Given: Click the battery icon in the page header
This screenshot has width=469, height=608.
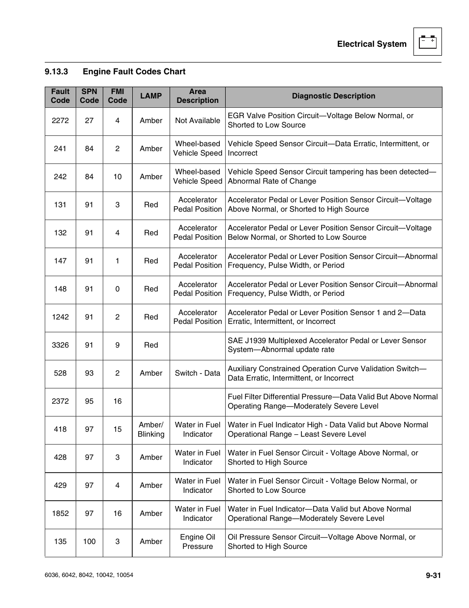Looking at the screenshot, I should [x=427, y=42].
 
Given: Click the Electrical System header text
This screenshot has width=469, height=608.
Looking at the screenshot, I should [x=372, y=44].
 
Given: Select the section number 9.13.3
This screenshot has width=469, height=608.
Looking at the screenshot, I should [x=56, y=72].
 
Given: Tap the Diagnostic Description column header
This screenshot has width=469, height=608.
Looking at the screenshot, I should [x=333, y=96].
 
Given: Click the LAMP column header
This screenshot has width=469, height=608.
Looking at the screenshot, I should [x=150, y=96].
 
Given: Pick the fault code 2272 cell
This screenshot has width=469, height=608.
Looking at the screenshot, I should [x=60, y=121].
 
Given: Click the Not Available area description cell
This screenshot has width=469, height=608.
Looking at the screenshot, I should [x=198, y=121].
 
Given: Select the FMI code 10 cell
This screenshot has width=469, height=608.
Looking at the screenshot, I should [x=117, y=177].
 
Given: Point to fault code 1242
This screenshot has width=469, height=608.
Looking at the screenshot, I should [x=60, y=317].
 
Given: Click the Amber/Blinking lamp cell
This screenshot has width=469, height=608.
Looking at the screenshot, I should [x=151, y=430].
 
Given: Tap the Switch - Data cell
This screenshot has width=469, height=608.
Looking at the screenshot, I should [x=198, y=373].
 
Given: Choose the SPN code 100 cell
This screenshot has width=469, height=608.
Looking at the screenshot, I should [x=89, y=542].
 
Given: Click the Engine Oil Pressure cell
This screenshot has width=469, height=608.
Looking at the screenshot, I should [x=198, y=542].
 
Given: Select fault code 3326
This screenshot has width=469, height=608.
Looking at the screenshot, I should [x=60, y=345].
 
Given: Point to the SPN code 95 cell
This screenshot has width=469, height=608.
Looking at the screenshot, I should [x=89, y=401].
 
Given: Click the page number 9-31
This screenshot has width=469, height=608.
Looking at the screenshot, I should [x=433, y=575].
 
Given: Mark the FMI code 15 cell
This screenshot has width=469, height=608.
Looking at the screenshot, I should [x=117, y=430].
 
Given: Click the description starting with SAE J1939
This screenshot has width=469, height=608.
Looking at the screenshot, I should [x=326, y=345].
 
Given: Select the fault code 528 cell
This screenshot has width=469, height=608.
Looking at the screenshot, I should [x=60, y=373].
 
